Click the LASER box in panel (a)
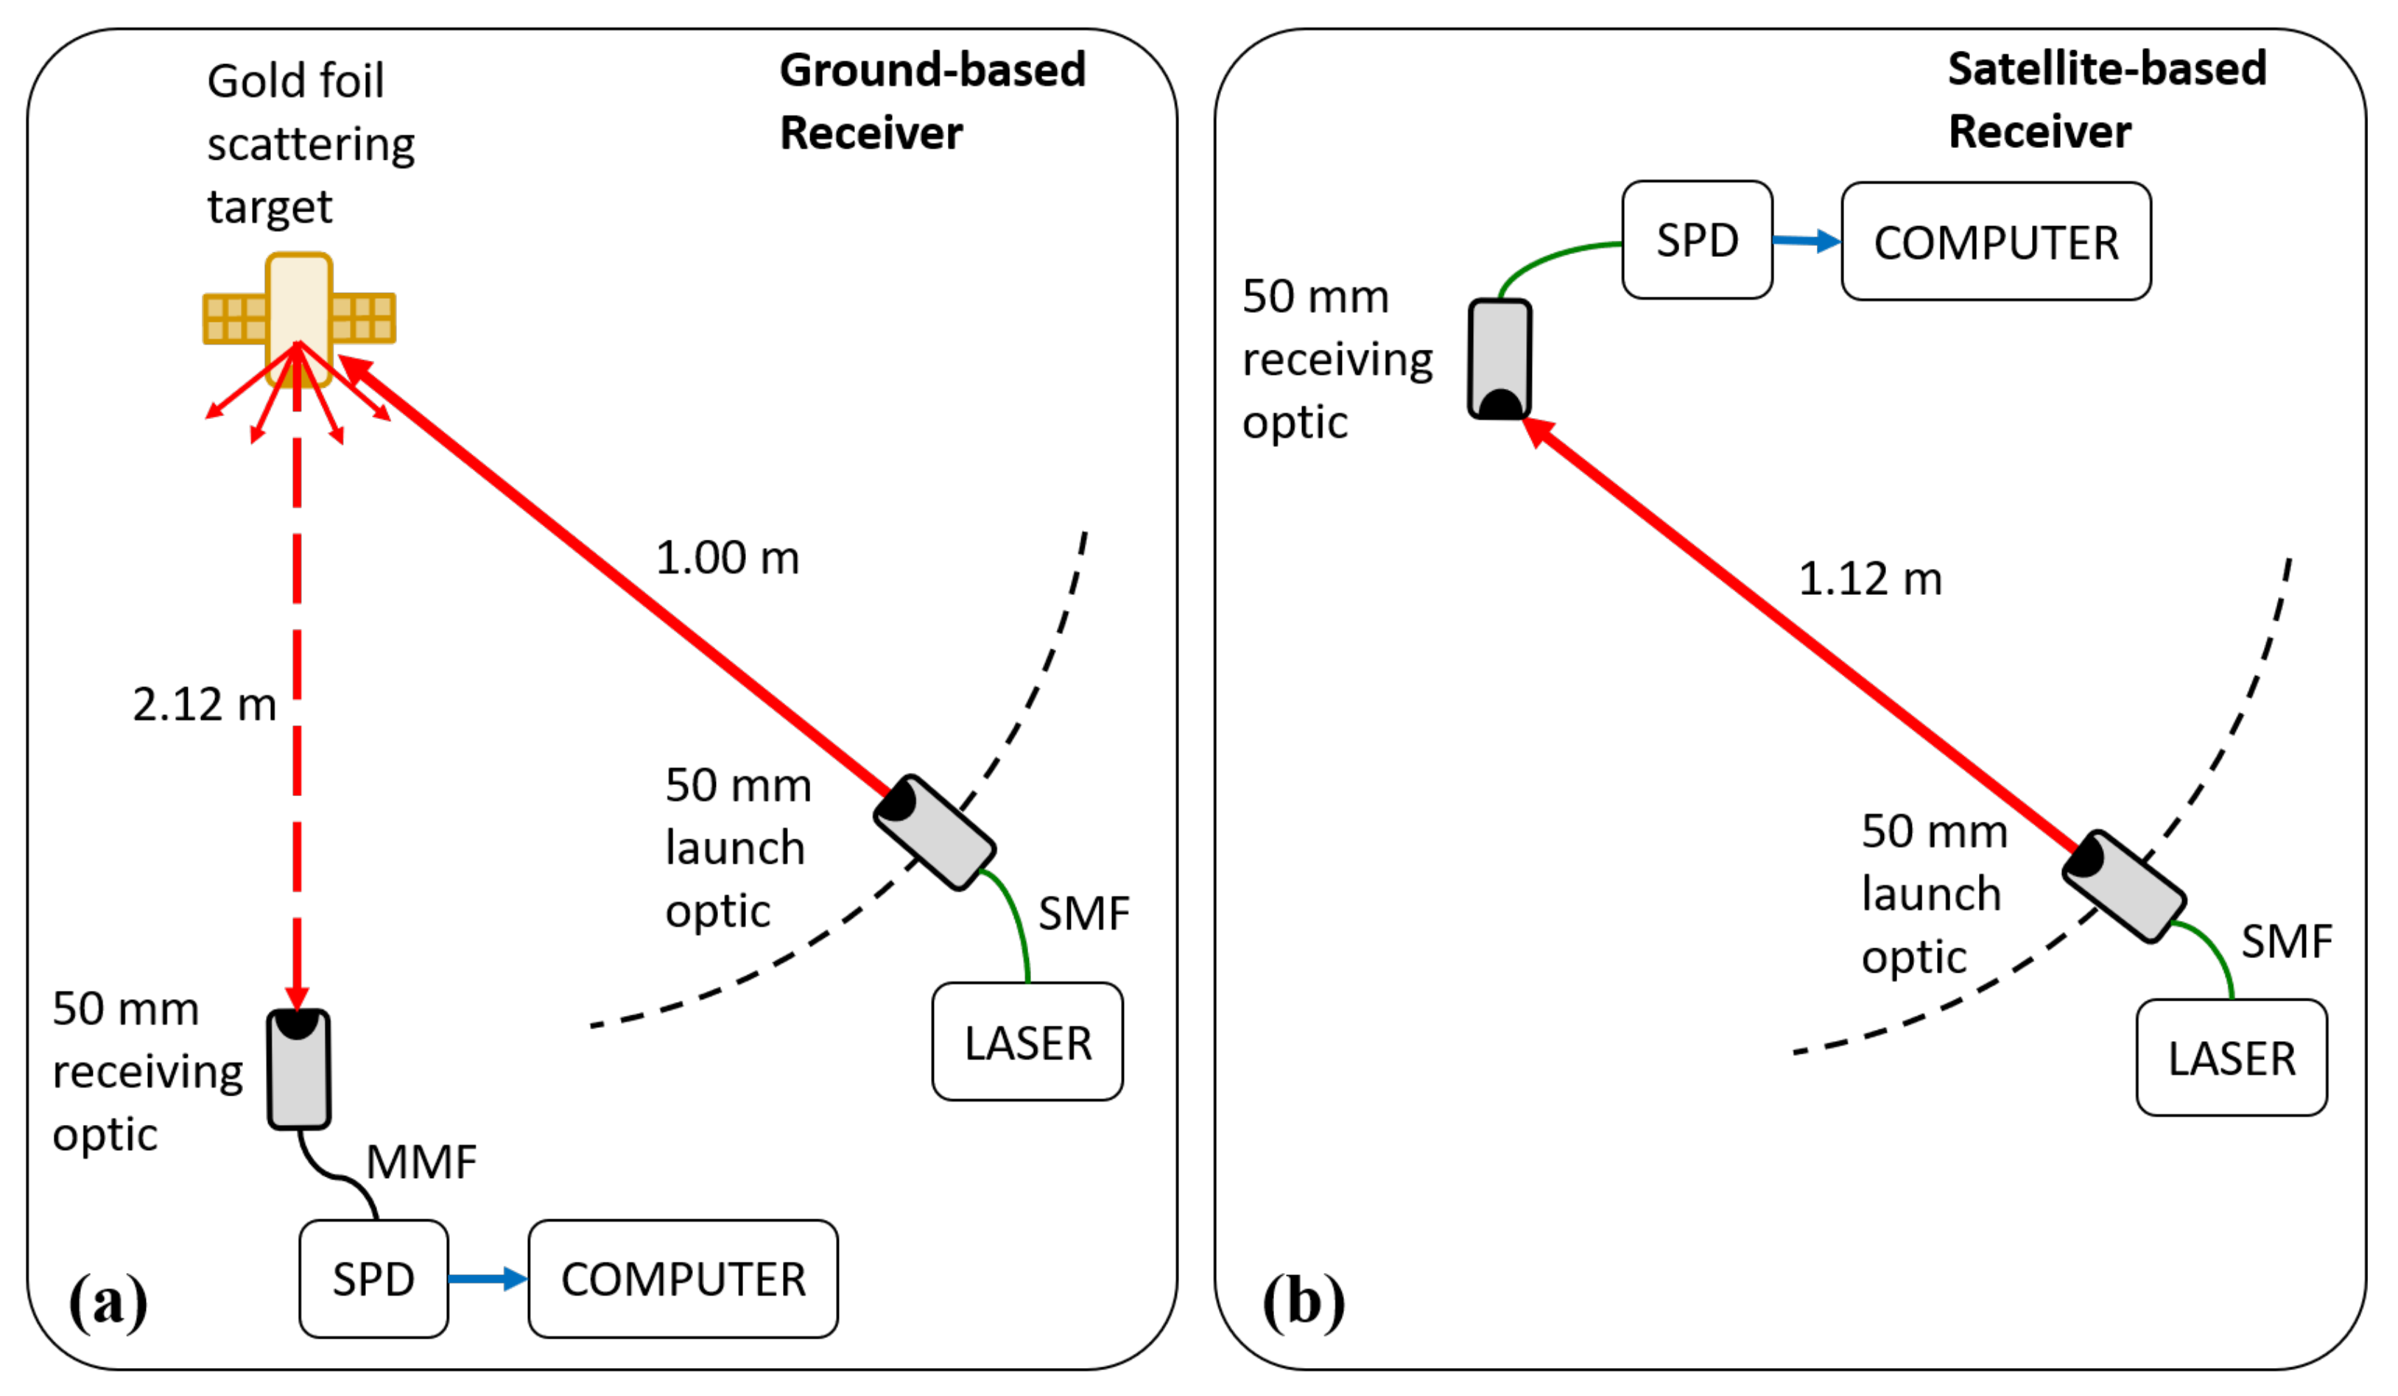pos(1027,1042)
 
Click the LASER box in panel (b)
pos(2231,1057)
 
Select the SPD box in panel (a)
pos(373,1278)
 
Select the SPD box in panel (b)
pos(1697,240)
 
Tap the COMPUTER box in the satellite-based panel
pos(1995,242)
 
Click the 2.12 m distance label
pos(204,705)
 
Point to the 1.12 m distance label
pos(1869,579)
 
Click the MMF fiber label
pos(421,1162)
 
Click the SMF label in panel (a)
pos(1083,914)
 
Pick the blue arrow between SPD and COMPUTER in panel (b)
pos(1805,241)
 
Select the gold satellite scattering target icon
pos(299,318)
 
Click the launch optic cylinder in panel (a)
pos(935,833)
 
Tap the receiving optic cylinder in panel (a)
pos(299,1070)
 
